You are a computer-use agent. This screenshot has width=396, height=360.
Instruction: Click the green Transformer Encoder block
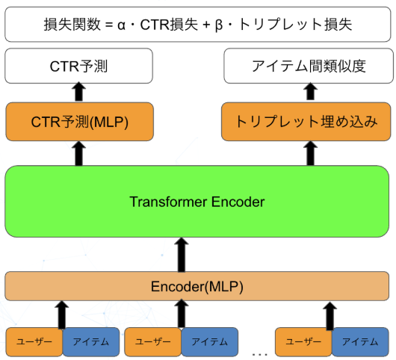[197, 202]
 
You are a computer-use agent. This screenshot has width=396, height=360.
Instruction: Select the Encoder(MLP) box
[197, 285]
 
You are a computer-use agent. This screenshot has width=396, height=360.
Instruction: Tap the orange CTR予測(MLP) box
[78, 122]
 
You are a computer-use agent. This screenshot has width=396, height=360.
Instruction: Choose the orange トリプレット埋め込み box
[306, 122]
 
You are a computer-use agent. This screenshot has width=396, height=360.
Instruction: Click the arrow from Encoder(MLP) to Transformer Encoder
[181, 255]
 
